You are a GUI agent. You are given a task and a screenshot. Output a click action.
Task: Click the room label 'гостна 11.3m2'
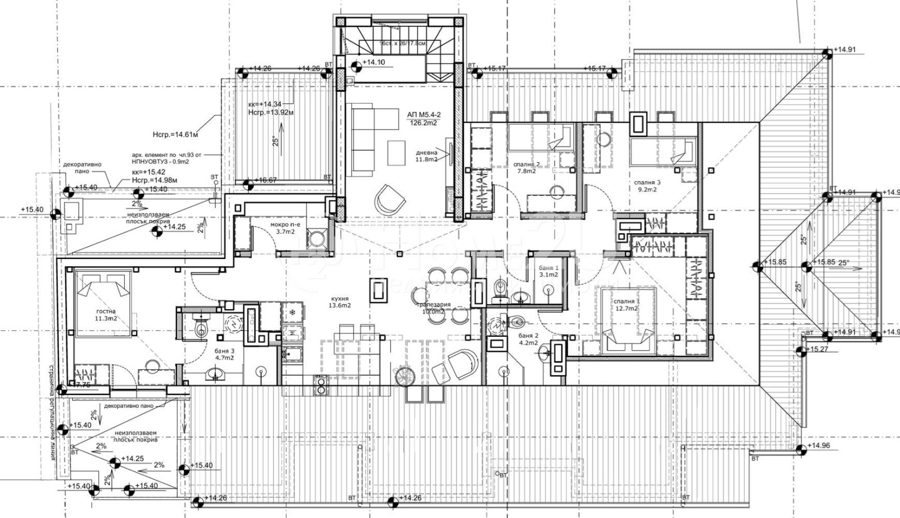106,315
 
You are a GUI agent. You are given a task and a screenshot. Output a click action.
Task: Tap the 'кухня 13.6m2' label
340,302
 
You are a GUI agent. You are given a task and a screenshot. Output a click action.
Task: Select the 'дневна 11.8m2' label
427,156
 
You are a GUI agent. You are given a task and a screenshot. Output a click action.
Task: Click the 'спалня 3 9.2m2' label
647,186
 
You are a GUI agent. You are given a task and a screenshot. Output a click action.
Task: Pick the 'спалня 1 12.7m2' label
627,305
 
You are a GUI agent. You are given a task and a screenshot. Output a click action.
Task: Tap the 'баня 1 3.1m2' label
548,271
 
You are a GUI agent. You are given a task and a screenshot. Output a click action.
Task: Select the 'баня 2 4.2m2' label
528,338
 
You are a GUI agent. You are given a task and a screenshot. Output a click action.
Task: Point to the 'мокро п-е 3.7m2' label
285,228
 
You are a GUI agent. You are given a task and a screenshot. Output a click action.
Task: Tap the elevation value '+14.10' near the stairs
373,62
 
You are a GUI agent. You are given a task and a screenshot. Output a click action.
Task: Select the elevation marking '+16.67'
265,181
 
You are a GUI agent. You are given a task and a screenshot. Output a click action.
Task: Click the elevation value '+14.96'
818,446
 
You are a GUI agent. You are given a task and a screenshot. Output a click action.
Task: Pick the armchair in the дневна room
389,198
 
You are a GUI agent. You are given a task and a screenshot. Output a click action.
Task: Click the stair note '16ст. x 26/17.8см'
402,43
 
